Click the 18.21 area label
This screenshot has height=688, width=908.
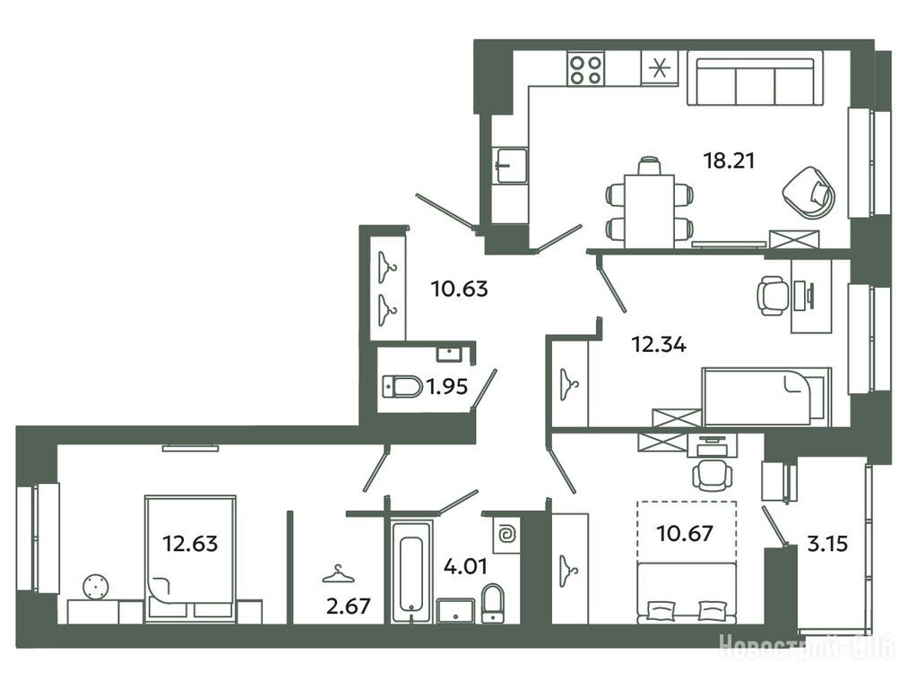point(729,160)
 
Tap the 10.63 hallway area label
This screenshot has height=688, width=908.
point(460,288)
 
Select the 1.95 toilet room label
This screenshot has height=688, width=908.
point(447,386)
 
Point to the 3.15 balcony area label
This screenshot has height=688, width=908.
point(827,544)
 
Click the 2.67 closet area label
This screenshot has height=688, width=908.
point(348,606)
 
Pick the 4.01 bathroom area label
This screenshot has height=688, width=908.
point(465,565)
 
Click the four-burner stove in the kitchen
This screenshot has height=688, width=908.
point(586,69)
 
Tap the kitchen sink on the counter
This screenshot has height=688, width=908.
point(510,166)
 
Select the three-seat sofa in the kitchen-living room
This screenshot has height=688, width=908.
point(755,78)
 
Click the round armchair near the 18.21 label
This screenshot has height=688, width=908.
point(809,192)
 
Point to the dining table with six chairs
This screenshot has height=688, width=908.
point(649,202)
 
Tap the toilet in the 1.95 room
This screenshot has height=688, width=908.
point(402,386)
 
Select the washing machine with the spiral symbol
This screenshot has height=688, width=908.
point(506,535)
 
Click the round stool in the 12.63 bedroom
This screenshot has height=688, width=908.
point(96,588)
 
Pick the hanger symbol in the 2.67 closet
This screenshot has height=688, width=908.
point(338,573)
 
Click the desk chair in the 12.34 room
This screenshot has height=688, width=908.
point(773,295)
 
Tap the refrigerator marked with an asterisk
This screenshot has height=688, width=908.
point(659,68)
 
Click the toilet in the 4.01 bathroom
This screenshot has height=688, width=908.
point(492,602)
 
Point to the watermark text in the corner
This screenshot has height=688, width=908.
point(806,646)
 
